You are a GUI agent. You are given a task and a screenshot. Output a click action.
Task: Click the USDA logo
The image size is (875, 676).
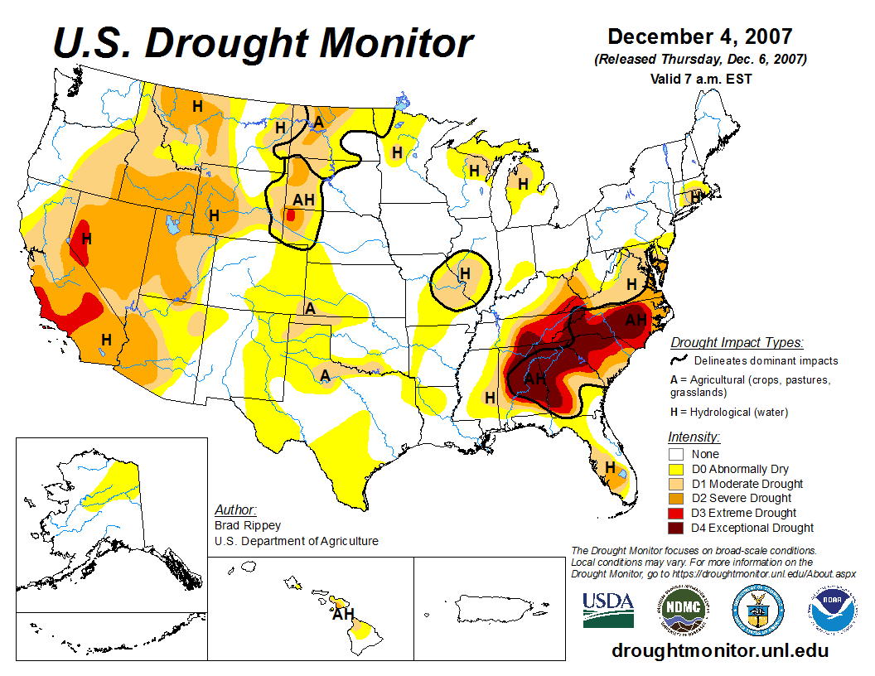point(608,609)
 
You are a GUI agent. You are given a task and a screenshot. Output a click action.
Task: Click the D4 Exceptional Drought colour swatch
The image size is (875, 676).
point(676,528)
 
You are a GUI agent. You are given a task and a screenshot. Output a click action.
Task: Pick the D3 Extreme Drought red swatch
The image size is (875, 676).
point(676,513)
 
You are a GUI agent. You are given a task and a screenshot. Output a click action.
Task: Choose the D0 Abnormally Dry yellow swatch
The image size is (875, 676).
point(676,469)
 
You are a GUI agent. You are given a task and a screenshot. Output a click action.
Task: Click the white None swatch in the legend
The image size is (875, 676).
point(676,454)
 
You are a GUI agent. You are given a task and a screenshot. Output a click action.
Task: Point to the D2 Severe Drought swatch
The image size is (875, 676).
point(676,498)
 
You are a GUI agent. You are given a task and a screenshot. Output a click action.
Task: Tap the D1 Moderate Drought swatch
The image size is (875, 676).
point(676,484)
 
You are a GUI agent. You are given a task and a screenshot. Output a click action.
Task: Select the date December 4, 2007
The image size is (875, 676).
point(700,37)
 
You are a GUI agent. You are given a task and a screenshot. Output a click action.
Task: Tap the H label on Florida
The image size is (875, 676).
point(611,468)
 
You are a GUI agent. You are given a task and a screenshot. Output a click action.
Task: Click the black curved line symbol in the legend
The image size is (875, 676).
point(680,360)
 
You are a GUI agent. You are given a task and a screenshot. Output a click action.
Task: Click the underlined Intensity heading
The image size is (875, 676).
point(694,437)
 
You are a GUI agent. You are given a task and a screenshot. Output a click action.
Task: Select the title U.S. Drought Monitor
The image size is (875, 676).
point(263,43)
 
